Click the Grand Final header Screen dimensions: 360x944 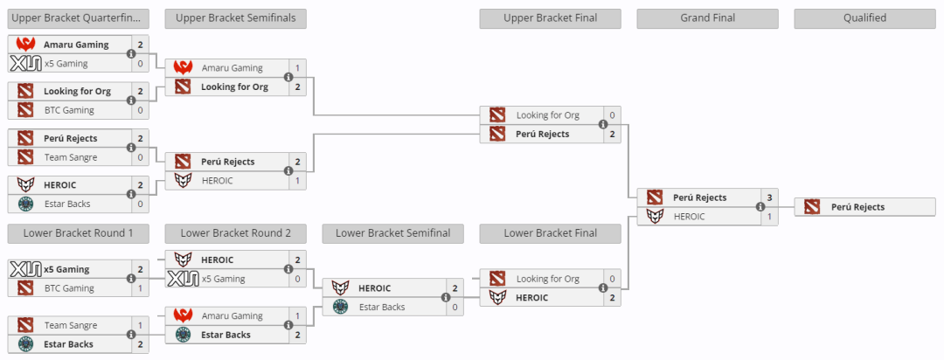[x=707, y=18]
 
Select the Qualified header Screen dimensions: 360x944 [x=864, y=18]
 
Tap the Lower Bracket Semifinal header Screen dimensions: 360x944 [x=392, y=233]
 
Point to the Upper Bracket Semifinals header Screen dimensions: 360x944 [x=235, y=18]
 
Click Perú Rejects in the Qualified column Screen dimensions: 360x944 [x=857, y=207]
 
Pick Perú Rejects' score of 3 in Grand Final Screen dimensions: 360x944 [x=769, y=197]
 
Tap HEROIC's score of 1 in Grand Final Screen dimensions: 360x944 [x=769, y=216]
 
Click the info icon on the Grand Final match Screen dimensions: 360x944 [x=760, y=207]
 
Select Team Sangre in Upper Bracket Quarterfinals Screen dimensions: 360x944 [x=71, y=157]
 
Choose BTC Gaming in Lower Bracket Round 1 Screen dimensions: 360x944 [x=69, y=288]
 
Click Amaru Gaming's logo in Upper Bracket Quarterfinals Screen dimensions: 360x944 [x=24, y=45]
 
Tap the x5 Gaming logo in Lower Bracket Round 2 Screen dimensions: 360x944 [x=183, y=279]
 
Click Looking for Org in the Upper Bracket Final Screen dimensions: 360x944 [x=547, y=115]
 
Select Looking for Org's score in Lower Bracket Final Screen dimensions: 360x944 [x=612, y=279]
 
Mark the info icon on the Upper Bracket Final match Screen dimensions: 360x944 [x=603, y=125]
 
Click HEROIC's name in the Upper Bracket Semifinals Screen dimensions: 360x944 [x=217, y=180]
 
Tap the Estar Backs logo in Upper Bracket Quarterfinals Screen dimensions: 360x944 [x=24, y=204]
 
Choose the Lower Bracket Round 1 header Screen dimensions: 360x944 [x=78, y=233]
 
